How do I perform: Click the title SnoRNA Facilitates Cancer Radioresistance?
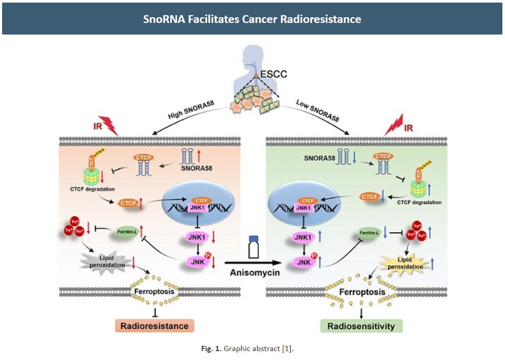pyautogui.click(x=252, y=19)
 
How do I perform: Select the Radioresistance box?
pyautogui.click(x=155, y=326)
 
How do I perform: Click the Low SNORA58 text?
pyautogui.click(x=318, y=110)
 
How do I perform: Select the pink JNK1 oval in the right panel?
pyautogui.click(x=303, y=239)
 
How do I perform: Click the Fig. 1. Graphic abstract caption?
pyautogui.click(x=252, y=349)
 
